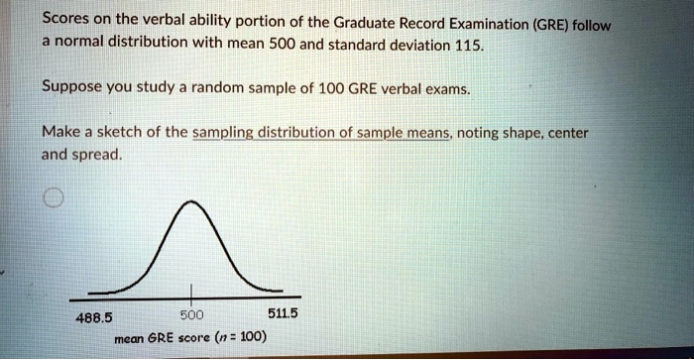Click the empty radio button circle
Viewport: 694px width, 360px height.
coord(54,199)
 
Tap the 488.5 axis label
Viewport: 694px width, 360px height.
coord(95,318)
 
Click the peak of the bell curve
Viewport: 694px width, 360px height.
coord(192,203)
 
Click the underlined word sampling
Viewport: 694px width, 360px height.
coord(235,133)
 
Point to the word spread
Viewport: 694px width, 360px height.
coord(100,155)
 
